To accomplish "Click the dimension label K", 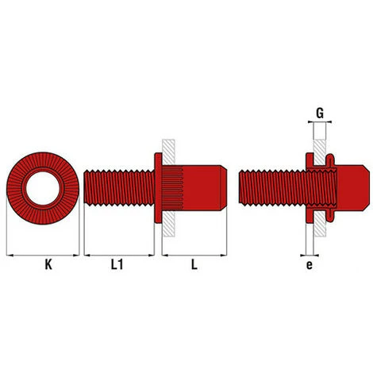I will tap(44, 268).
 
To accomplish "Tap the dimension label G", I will tap(319, 113).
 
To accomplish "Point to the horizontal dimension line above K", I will tap(43, 255).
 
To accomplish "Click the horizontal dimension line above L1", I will tap(118, 255).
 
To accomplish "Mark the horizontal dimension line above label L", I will tap(195, 255).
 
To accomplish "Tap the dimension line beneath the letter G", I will tap(319, 123).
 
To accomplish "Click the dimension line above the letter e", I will tap(309, 255).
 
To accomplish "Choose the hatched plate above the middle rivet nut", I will tap(169, 148).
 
